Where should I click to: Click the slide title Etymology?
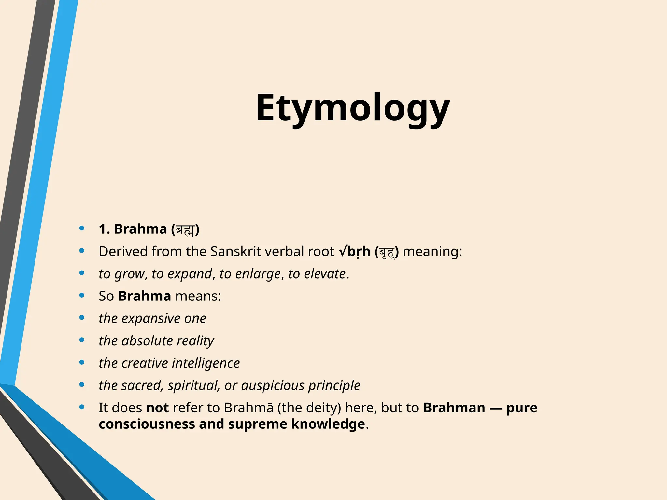[x=353, y=108]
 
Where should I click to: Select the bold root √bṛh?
[x=355, y=252]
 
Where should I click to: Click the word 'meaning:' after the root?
[x=432, y=252]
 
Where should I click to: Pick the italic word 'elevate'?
[x=324, y=274]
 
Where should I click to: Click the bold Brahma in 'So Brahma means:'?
[x=144, y=296]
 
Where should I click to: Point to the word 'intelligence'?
[x=206, y=363]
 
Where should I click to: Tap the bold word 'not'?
[x=157, y=408]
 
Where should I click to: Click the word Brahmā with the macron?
[x=248, y=408]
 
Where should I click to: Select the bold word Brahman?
[x=454, y=408]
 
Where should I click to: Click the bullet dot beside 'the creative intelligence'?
[x=82, y=362]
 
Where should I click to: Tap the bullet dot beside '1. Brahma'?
[x=82, y=228]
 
